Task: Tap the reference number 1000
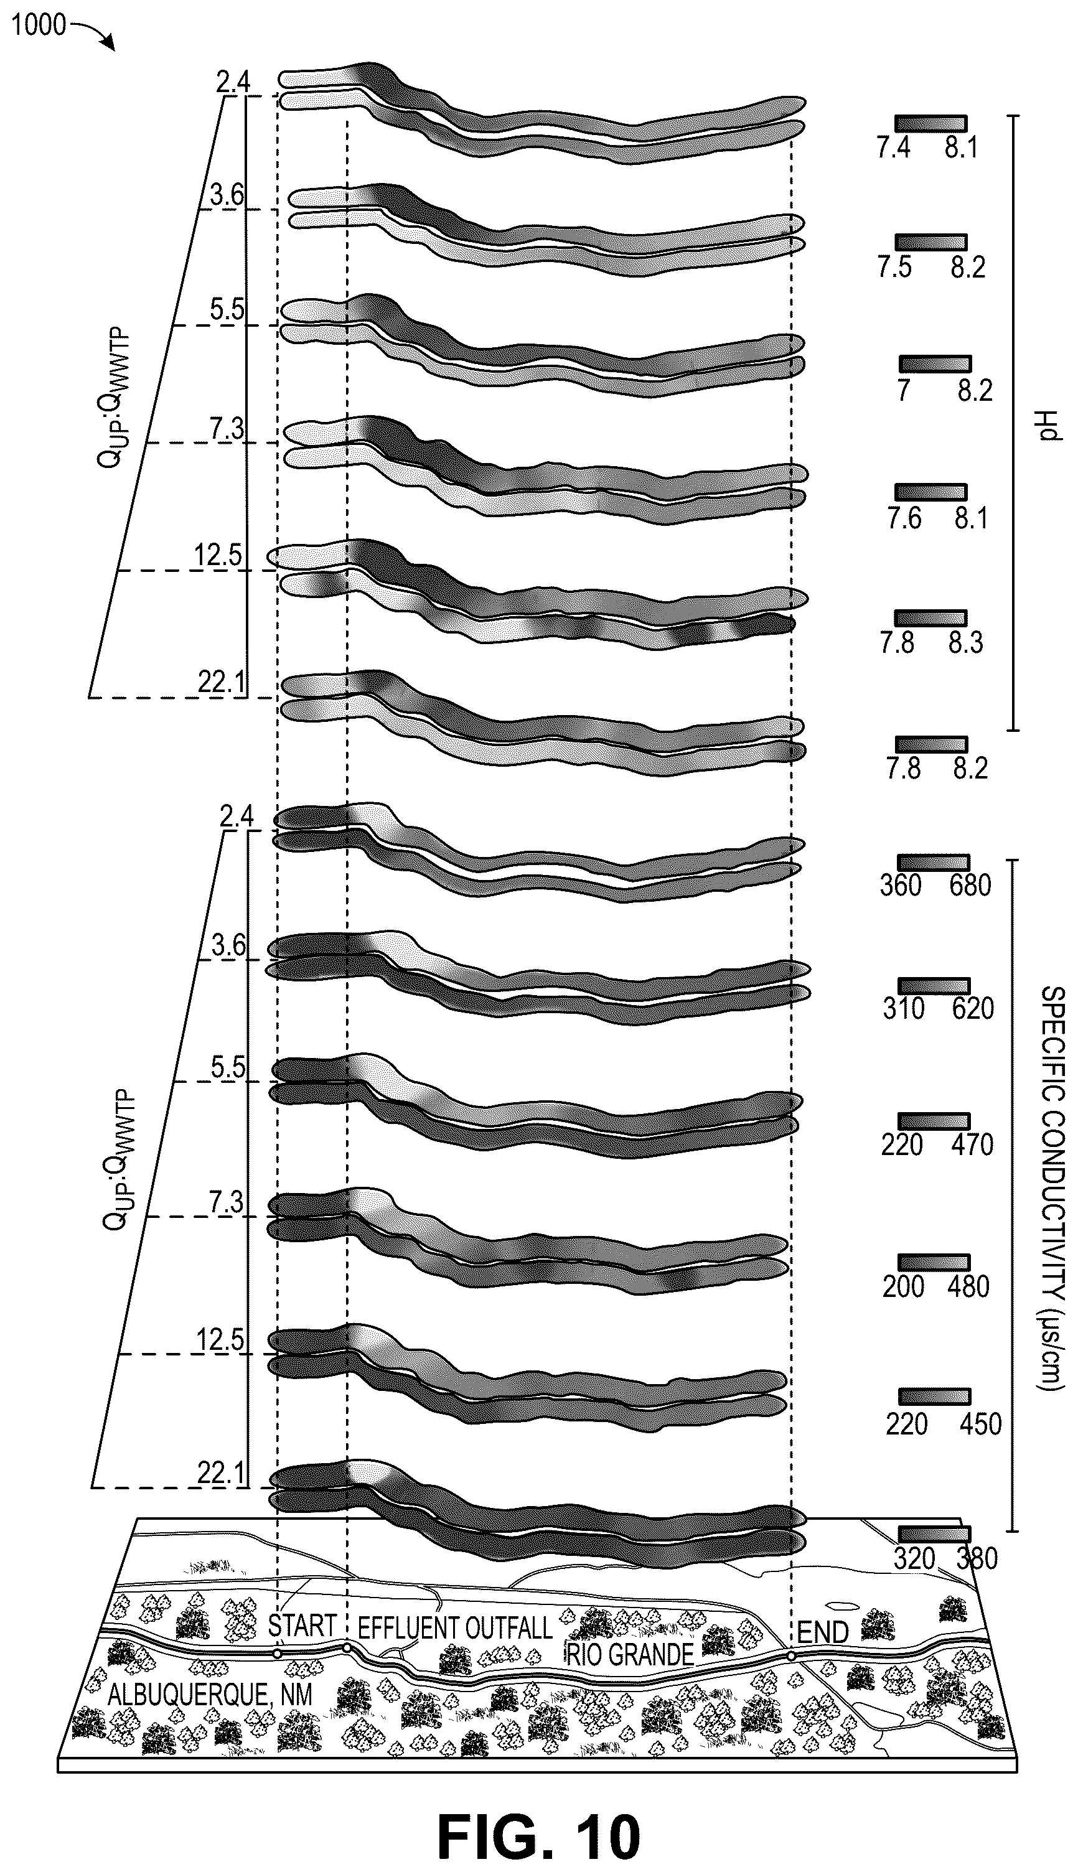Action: (x=39, y=26)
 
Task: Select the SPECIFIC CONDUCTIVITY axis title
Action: (x=1051, y=1187)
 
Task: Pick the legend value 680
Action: (x=970, y=884)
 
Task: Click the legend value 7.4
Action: (x=894, y=148)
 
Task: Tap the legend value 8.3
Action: (x=965, y=642)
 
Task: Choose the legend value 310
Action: (x=903, y=1008)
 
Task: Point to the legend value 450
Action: (x=980, y=1424)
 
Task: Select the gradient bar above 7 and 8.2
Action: (x=934, y=363)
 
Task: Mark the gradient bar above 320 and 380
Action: (x=934, y=1533)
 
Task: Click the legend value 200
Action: (x=903, y=1286)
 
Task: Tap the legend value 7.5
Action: (x=894, y=267)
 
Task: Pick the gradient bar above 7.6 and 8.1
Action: (x=930, y=492)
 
